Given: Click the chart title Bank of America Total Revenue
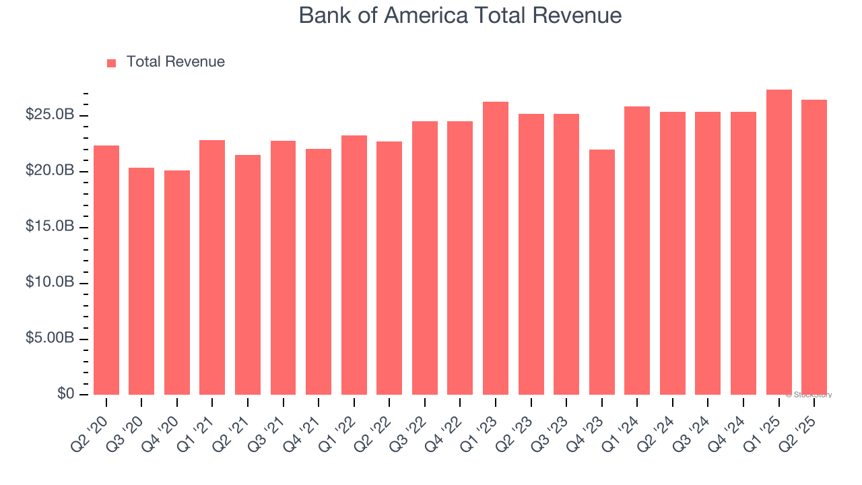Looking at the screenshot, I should pyautogui.click(x=460, y=15).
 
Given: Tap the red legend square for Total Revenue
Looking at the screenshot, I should pyautogui.click(x=111, y=63).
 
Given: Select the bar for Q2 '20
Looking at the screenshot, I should pyautogui.click(x=106, y=269).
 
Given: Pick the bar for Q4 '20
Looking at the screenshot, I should pyautogui.click(x=177, y=283).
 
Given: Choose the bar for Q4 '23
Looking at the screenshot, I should pyautogui.click(x=601, y=272).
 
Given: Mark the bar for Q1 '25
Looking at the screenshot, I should pyautogui.click(x=778, y=243).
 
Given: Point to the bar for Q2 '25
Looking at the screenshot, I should pyautogui.click(x=814, y=247).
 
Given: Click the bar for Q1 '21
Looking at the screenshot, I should pyautogui.click(x=212, y=267).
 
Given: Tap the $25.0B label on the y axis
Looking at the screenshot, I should pyautogui.click(x=50, y=115).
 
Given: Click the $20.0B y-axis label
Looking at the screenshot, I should pyautogui.click(x=50, y=171).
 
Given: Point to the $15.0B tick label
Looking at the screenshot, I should pyautogui.click(x=50, y=227).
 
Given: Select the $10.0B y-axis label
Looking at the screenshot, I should pyautogui.click(x=50, y=283).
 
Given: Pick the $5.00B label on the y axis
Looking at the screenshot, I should pyautogui.click(x=50, y=339).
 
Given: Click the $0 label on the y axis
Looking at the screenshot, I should pyautogui.click(x=65, y=394).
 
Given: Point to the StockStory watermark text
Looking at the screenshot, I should pyautogui.click(x=809, y=395).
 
